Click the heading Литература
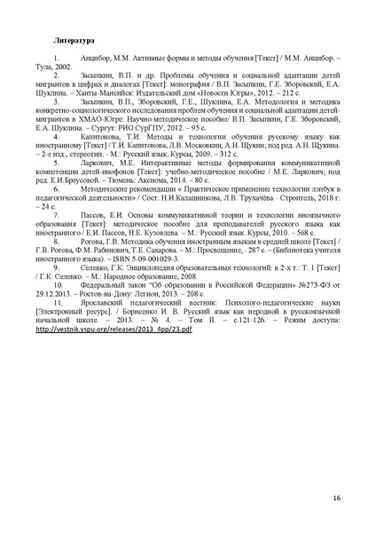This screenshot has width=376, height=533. [x=75, y=42]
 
